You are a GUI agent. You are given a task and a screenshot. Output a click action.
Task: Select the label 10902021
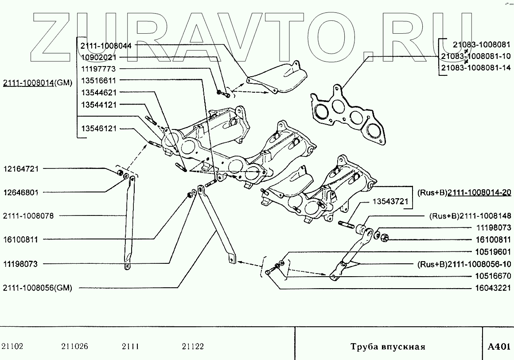[x=98, y=57]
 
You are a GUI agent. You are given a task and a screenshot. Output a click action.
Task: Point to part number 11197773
[x=98, y=69]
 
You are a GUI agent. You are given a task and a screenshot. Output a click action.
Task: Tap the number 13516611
[x=98, y=81]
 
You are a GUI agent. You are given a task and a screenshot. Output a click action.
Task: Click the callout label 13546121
[x=98, y=129]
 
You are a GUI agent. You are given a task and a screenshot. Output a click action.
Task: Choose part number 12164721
[x=21, y=169]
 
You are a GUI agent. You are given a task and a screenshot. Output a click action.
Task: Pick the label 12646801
[x=21, y=192]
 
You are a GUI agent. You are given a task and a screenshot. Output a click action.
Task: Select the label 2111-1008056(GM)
[x=37, y=288]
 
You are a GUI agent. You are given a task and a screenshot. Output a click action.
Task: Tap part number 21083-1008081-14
[x=475, y=68]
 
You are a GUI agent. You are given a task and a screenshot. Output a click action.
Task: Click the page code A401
[x=498, y=346]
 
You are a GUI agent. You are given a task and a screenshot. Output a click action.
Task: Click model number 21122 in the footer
[x=193, y=346]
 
